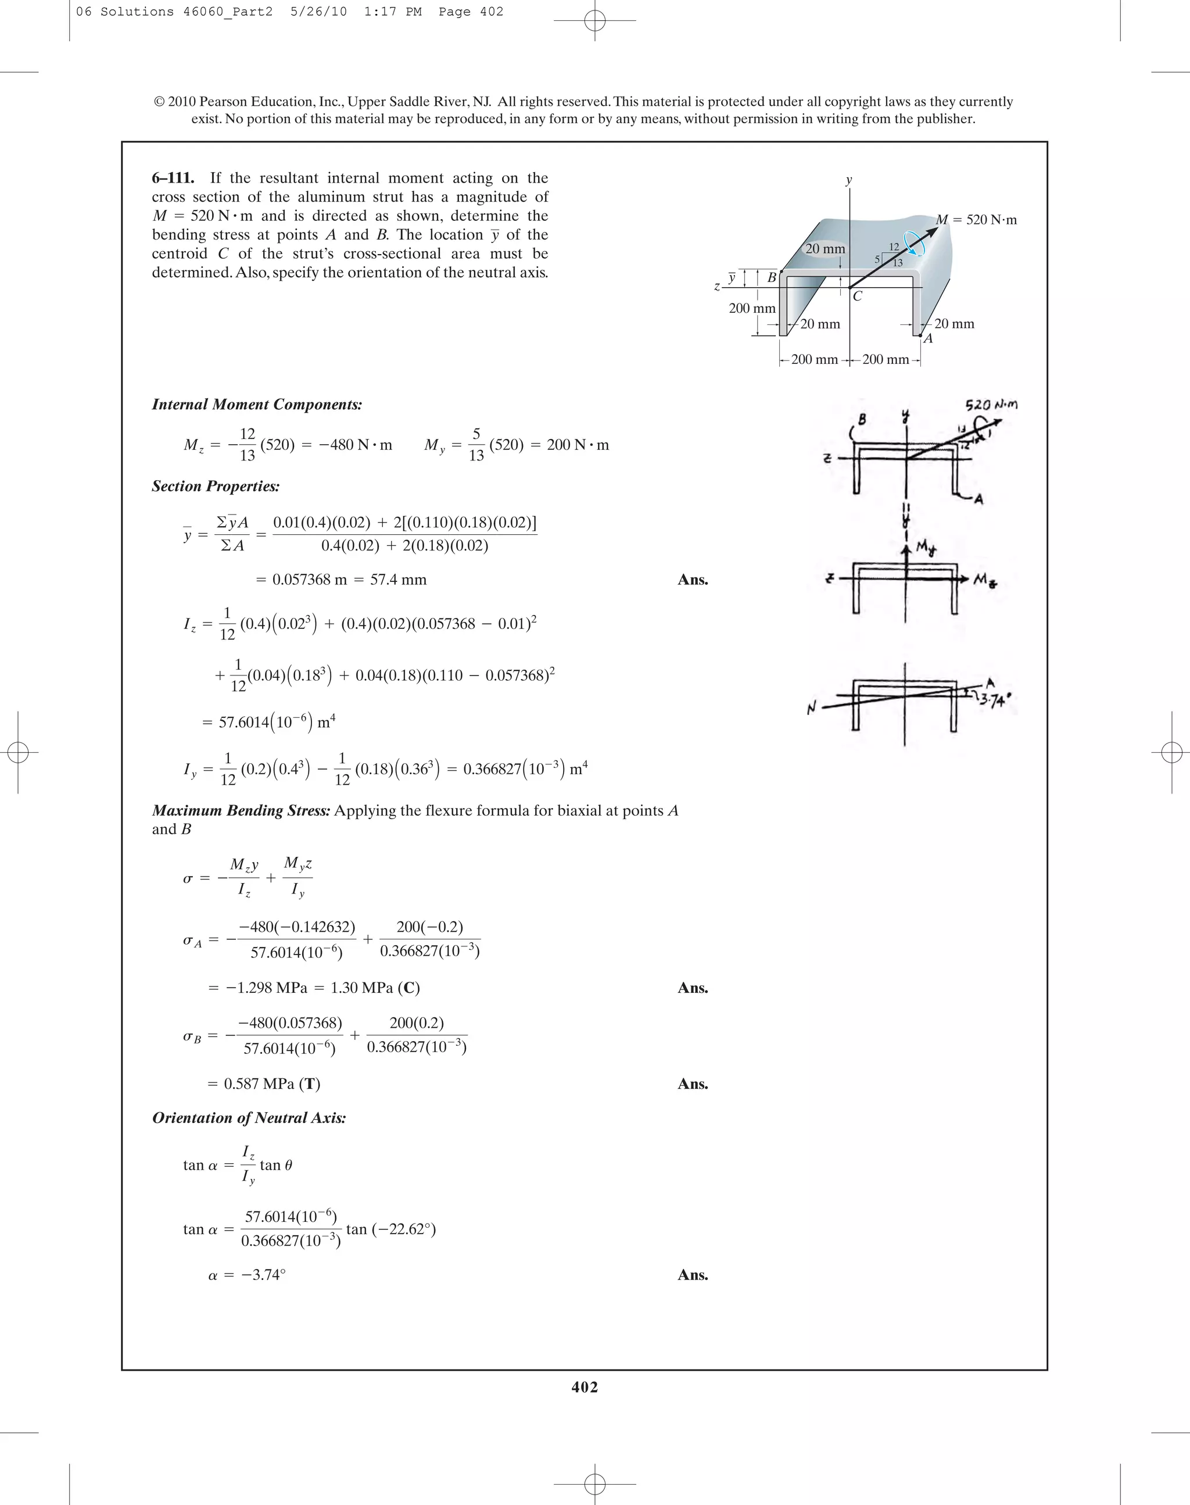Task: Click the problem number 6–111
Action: tap(173, 178)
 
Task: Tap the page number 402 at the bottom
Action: tap(585, 1387)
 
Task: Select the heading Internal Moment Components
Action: tap(256, 405)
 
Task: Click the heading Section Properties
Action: tap(216, 487)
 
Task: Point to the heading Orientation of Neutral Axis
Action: tap(249, 1118)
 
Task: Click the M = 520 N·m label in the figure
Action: tap(976, 220)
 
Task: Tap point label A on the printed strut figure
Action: tap(928, 339)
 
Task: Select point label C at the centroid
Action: tap(857, 296)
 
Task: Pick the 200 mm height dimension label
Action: tap(752, 308)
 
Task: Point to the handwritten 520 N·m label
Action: tap(991, 405)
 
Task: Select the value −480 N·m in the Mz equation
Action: tap(356, 445)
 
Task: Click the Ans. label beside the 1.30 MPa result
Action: tap(693, 988)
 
